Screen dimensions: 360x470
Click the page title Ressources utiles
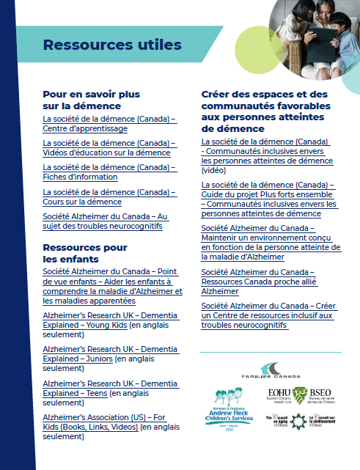tap(112, 45)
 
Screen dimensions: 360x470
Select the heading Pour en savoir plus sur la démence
tap(92, 100)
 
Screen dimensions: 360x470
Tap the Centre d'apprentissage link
tap(109, 123)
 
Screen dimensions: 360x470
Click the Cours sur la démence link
tap(109, 197)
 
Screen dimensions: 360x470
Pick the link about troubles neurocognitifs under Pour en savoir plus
tap(109, 221)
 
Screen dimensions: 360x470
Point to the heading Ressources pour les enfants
tap(85, 253)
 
